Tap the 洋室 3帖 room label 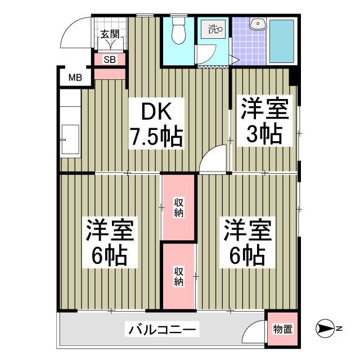(265, 122)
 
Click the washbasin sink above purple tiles (258, 24)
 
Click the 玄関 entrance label (109, 34)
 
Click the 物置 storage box (282, 329)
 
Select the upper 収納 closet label (178, 208)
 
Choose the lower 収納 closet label (178, 276)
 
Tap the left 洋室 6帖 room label (109, 244)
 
